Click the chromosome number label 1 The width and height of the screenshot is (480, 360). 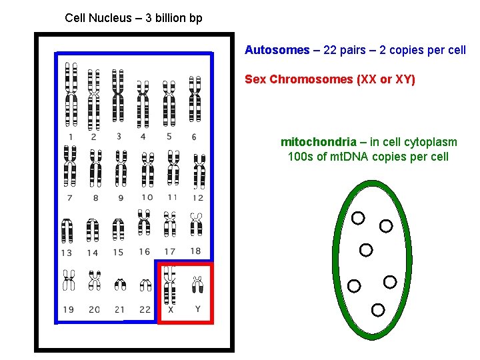tap(71, 137)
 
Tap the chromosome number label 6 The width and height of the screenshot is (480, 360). tap(194, 137)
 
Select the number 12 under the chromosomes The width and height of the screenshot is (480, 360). tap(197, 197)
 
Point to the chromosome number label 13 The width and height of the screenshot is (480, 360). tap(67, 253)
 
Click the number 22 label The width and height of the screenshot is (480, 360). tap(145, 309)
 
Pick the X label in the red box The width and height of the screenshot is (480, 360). tap(171, 309)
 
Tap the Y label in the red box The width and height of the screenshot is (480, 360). tap(197, 309)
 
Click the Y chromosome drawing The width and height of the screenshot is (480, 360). tap(197, 285)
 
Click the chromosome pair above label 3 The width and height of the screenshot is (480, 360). tap(119, 97)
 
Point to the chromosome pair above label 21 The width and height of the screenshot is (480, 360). tap(120, 285)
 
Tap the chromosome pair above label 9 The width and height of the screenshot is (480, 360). tap(121, 168)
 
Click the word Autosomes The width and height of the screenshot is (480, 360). tap(277, 50)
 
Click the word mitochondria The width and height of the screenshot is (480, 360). tap(318, 142)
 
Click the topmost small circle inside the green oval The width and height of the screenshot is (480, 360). tap(358, 218)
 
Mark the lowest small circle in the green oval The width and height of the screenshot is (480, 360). tap(378, 309)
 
